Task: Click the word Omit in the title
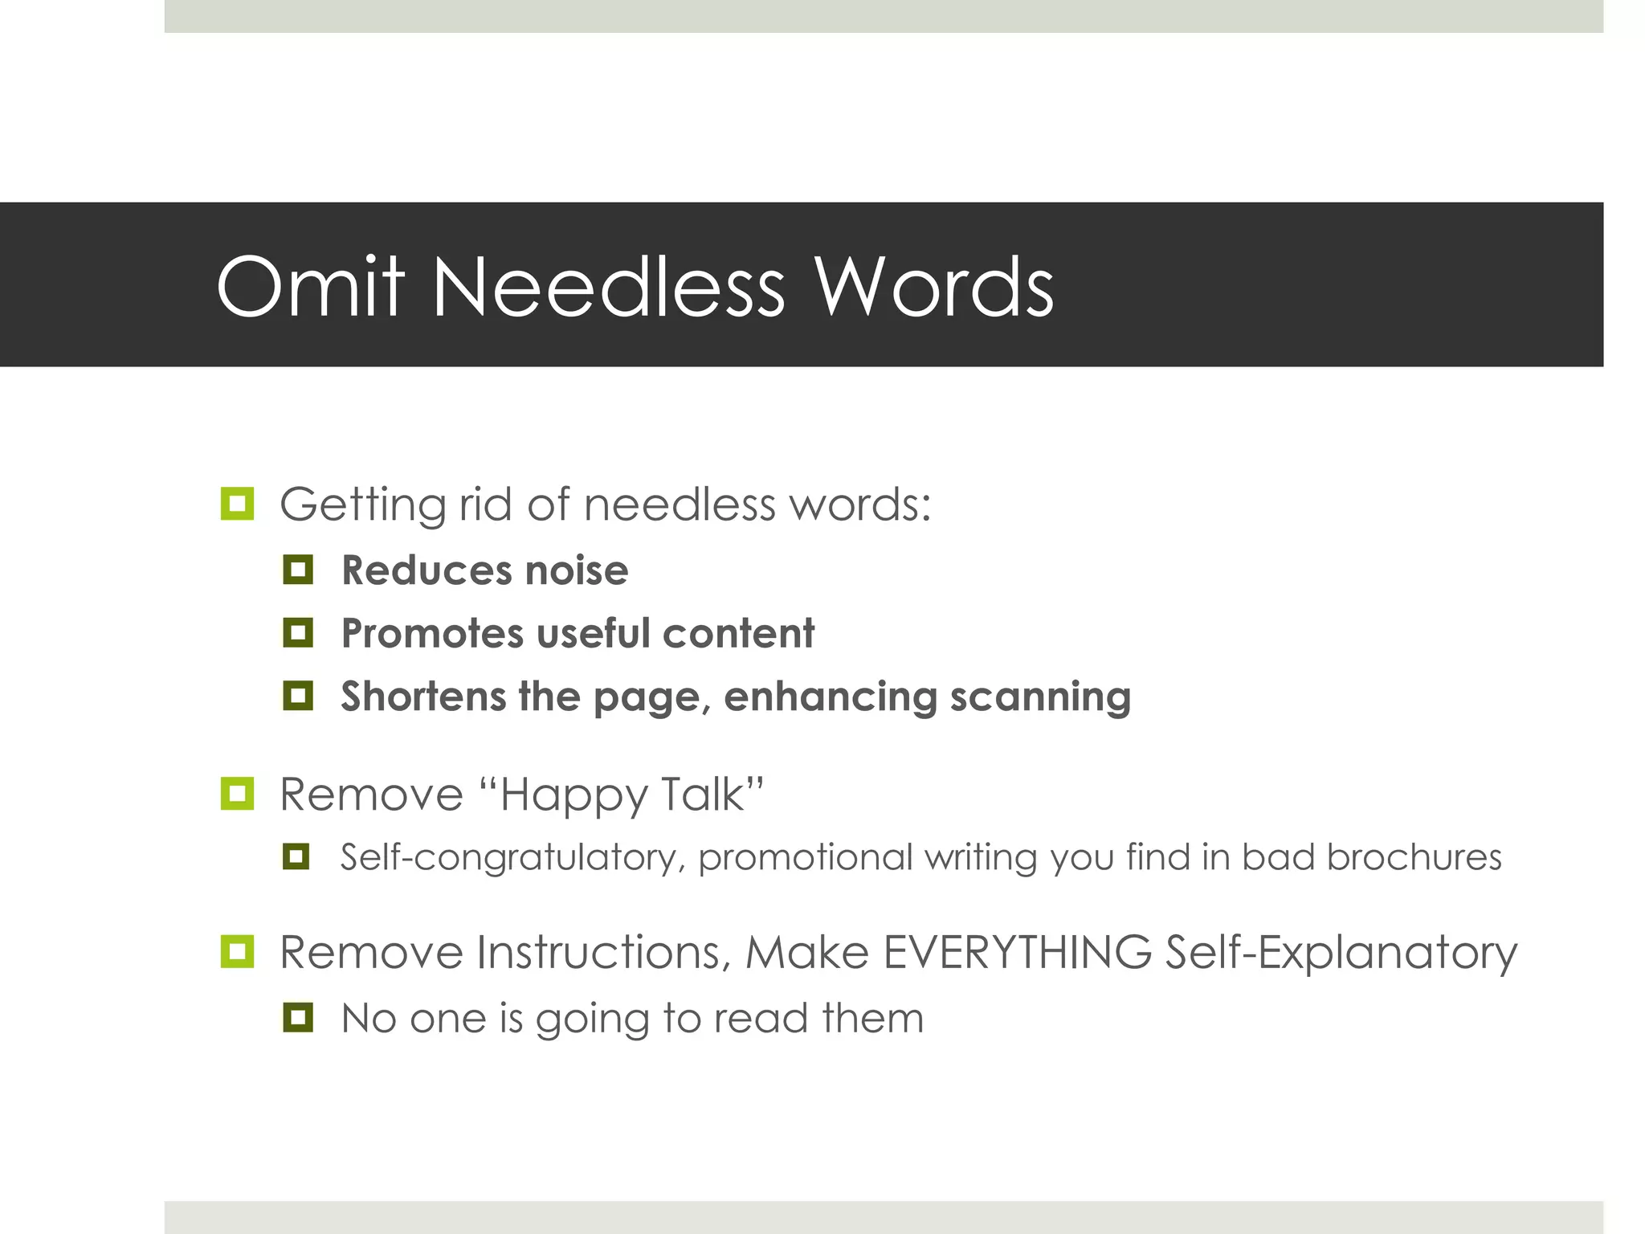pyautogui.click(x=309, y=287)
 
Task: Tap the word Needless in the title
pyautogui.click(x=608, y=287)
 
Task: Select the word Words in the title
pyautogui.click(x=934, y=287)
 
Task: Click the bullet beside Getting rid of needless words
pyautogui.click(x=237, y=504)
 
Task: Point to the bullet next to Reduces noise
pyautogui.click(x=298, y=570)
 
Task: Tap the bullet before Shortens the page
pyautogui.click(x=298, y=695)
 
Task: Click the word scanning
pyautogui.click(x=1040, y=697)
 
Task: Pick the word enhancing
pyautogui.click(x=830, y=697)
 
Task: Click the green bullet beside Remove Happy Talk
pyautogui.click(x=237, y=794)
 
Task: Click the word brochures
pyautogui.click(x=1414, y=856)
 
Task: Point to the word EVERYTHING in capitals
pyautogui.click(x=1017, y=953)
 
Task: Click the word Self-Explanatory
pyautogui.click(x=1341, y=954)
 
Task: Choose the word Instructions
pyautogui.click(x=603, y=953)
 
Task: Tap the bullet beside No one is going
pyautogui.click(x=298, y=1018)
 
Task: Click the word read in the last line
pyautogui.click(x=761, y=1018)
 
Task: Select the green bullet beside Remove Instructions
pyautogui.click(x=237, y=952)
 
